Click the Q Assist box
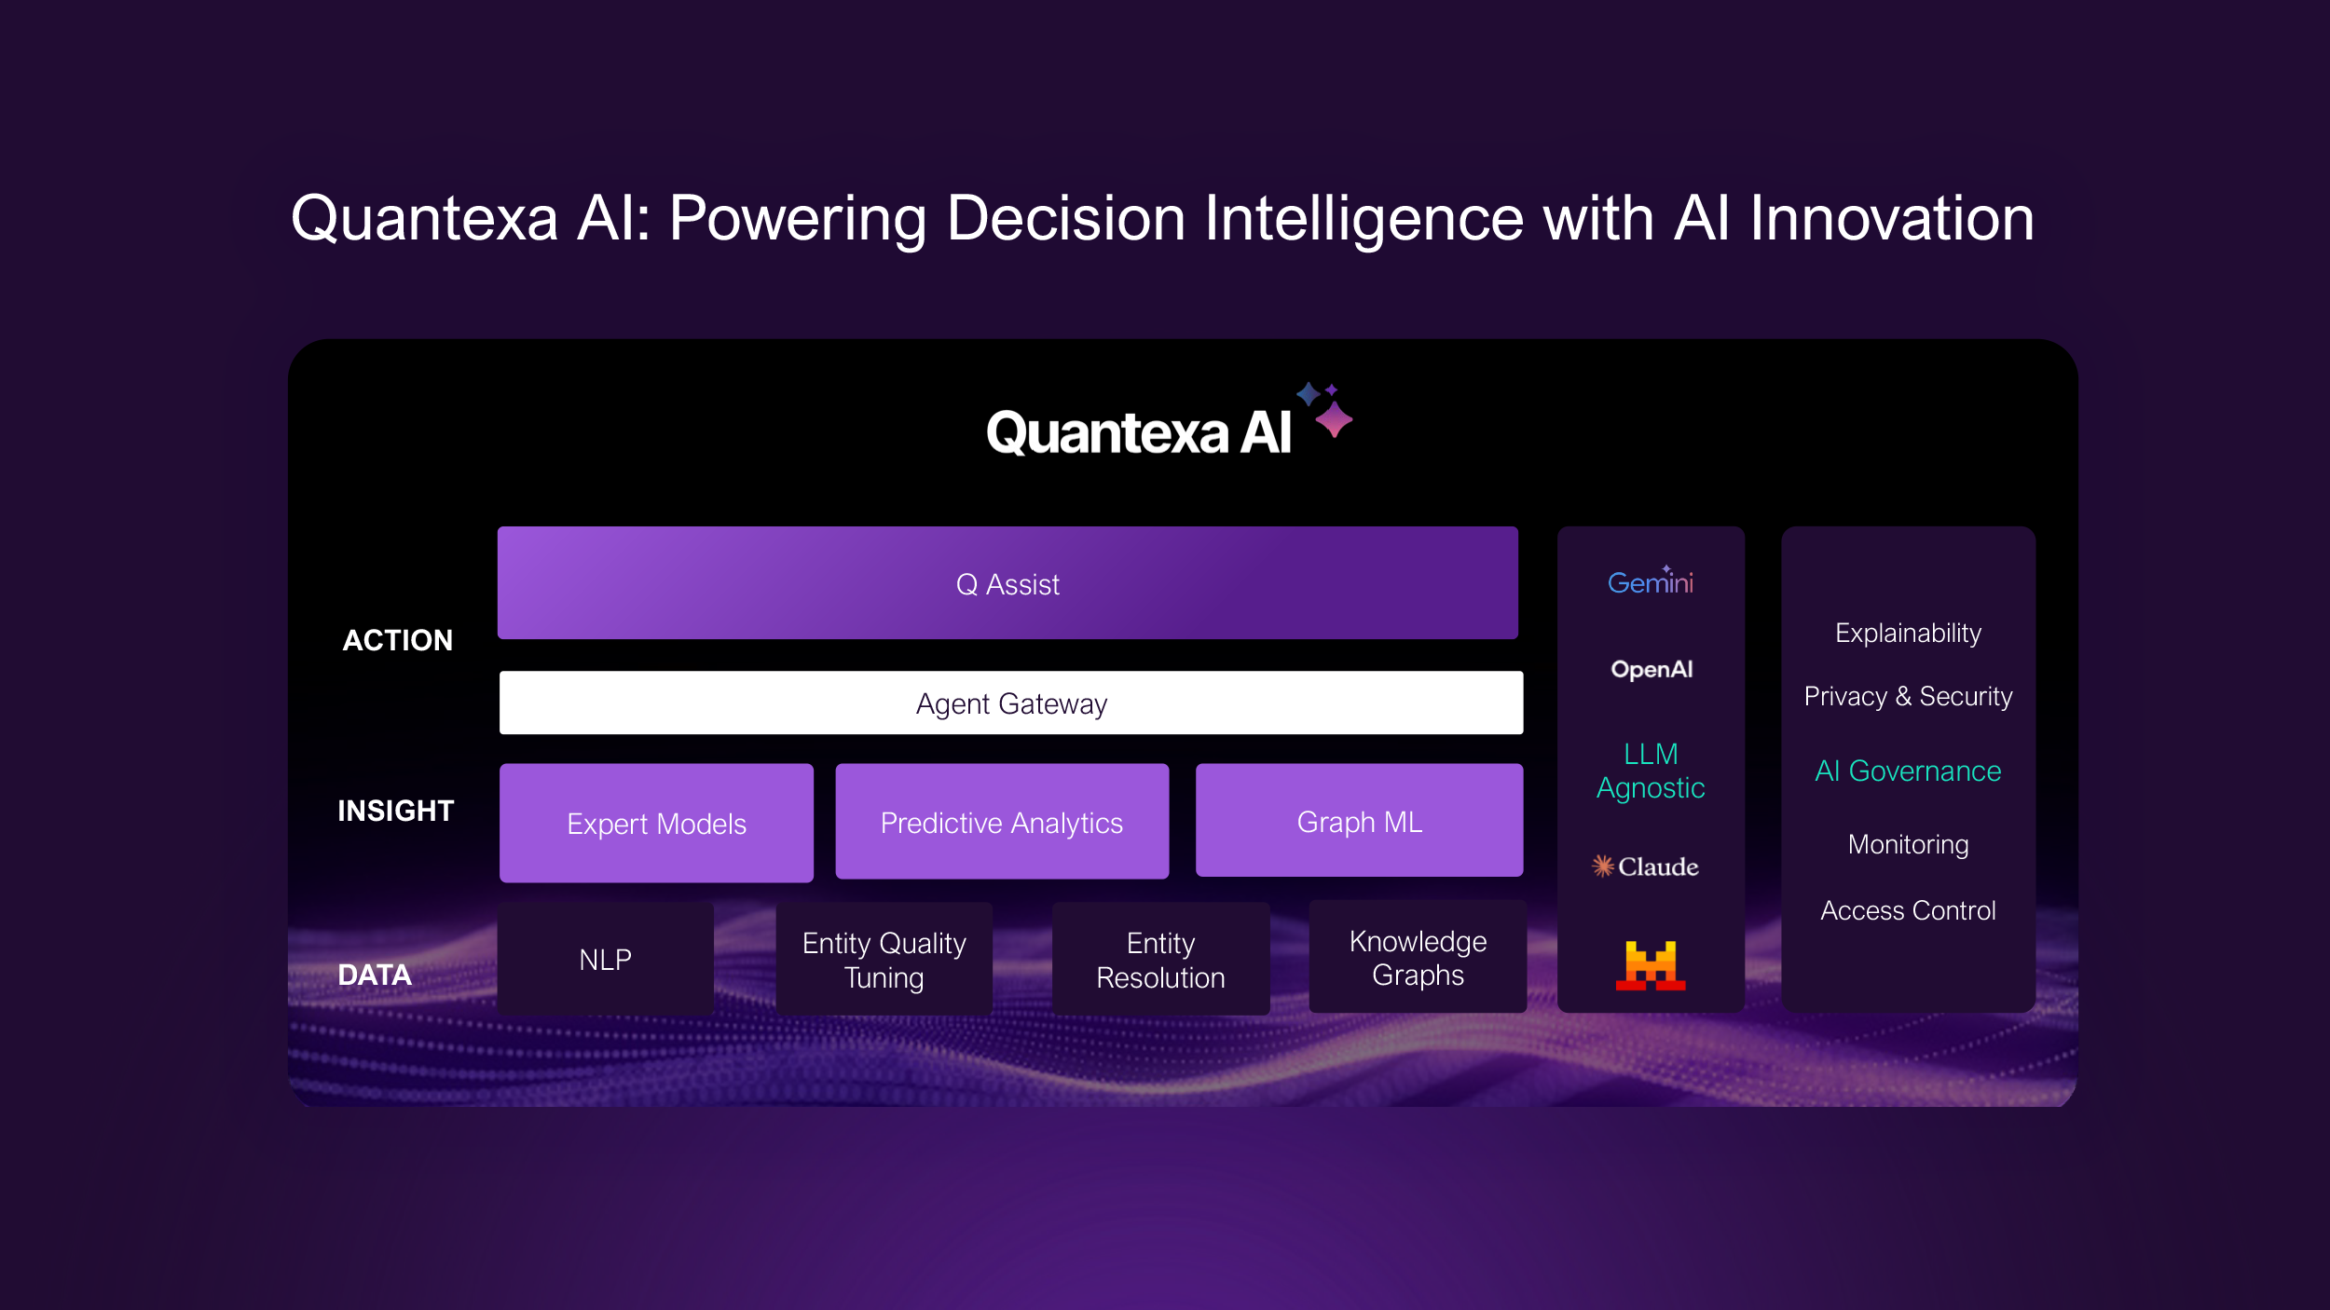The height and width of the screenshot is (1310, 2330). coord(1007,583)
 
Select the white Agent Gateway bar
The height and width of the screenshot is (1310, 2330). coord(1011,703)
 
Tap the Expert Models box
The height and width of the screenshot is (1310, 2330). coord(656,824)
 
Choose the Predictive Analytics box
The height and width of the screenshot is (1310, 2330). coord(1002,823)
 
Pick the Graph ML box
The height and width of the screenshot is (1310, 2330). coord(1359,821)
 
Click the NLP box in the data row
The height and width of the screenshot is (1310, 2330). coord(605,959)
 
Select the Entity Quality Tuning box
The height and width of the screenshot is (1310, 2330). coord(884,960)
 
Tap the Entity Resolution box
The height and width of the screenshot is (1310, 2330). coord(1160,960)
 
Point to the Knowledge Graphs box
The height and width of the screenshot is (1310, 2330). coord(1418,957)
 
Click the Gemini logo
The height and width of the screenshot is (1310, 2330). coord(1650,582)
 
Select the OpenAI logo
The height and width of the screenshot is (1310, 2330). coord(1652,669)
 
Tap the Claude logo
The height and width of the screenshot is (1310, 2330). coord(1645,867)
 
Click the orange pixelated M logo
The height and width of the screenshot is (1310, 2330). coord(1650,965)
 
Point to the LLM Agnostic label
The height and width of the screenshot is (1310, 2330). coord(1651,771)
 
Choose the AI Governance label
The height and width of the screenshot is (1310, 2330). coord(1908,771)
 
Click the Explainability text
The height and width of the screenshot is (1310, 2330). coord(1908,633)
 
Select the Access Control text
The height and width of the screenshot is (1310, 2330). coord(1908,910)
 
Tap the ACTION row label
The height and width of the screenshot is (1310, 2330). coord(398,640)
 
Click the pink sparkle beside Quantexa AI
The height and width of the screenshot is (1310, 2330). coord(1334,420)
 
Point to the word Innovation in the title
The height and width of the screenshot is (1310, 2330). coord(1891,219)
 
